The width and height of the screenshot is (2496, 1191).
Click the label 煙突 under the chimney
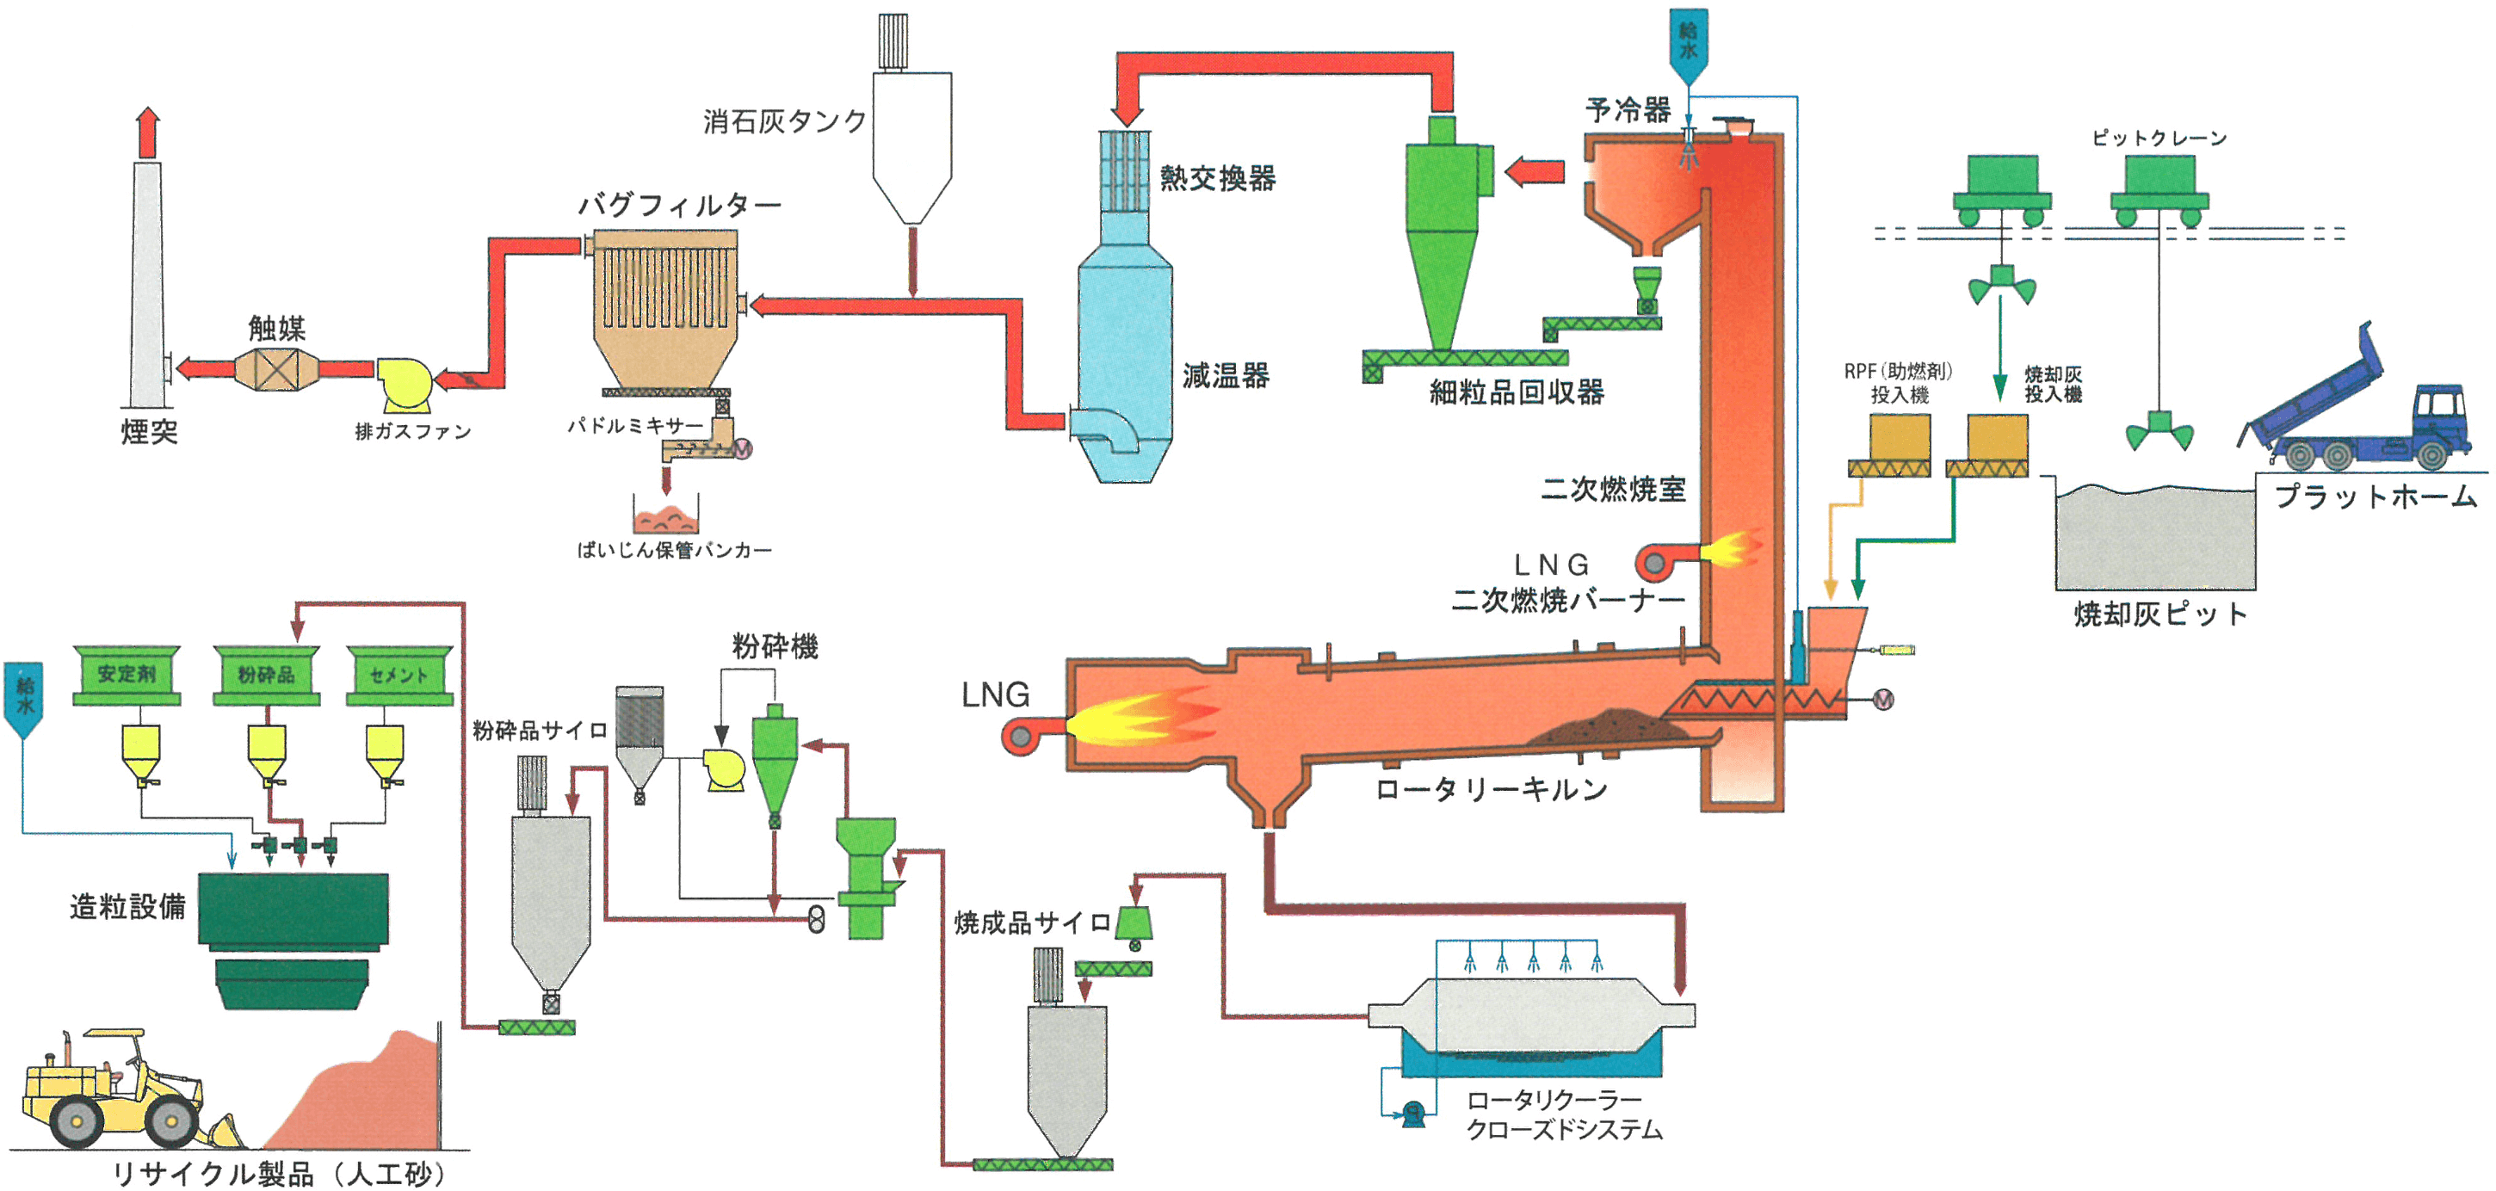[149, 431]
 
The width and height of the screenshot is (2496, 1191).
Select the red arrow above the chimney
[147, 133]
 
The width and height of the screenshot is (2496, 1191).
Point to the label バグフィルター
[680, 205]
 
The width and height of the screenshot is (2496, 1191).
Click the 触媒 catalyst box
[277, 369]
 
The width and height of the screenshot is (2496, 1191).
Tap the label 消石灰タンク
[785, 121]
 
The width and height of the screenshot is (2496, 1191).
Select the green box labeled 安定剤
[127, 675]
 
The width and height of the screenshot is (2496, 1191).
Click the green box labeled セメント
[400, 675]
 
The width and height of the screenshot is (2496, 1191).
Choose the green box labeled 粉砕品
[267, 675]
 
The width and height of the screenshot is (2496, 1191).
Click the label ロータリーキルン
[1492, 789]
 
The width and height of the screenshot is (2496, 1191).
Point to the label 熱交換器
[1218, 178]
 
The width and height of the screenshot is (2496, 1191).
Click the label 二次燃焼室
[1613, 489]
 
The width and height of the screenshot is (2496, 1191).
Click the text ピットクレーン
[2159, 139]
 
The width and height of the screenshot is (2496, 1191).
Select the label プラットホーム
[2375, 497]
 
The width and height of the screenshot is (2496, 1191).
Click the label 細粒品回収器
[1517, 392]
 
